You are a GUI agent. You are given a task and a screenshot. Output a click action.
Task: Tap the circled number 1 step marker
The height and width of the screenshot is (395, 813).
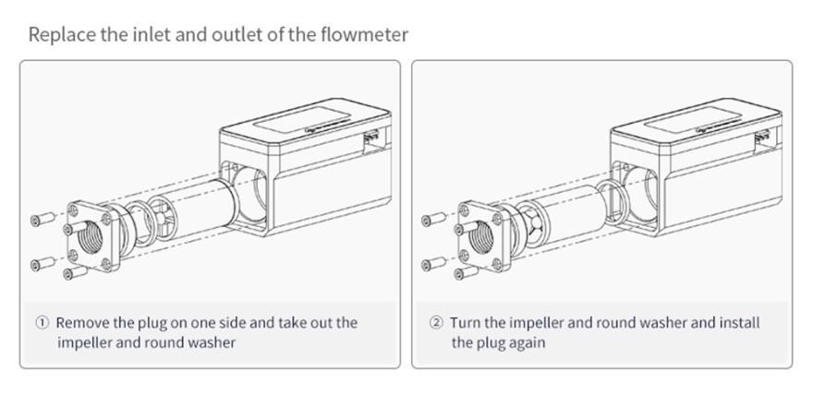click(42, 323)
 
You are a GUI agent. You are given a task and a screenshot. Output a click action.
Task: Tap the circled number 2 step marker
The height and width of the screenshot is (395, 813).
click(437, 323)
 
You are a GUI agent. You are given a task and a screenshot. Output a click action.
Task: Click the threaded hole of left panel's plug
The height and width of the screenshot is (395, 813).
click(91, 237)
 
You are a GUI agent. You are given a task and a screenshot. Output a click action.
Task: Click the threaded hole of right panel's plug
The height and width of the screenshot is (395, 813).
click(481, 237)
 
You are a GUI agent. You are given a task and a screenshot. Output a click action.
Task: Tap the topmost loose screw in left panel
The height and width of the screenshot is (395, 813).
click(43, 219)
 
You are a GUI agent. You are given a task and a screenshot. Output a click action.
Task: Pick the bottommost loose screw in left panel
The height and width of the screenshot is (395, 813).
click(75, 272)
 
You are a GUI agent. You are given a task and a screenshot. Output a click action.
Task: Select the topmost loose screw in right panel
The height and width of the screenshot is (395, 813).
click(434, 219)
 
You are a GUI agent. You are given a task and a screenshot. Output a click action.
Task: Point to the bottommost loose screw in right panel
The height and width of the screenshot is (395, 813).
click(467, 273)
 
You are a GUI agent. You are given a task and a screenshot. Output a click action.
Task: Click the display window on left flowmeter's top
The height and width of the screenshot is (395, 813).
click(302, 120)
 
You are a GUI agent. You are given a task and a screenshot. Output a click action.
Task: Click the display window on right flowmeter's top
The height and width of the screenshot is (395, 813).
click(693, 120)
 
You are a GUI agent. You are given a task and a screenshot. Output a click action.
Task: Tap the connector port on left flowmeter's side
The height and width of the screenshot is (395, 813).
click(371, 138)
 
